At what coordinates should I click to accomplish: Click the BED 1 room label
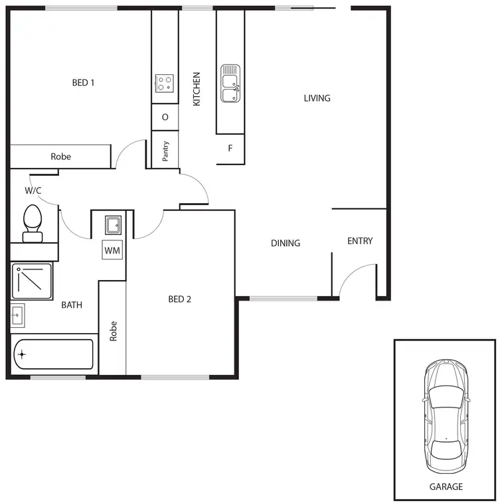pyautogui.click(x=83, y=83)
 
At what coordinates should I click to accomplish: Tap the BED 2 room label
pyautogui.click(x=179, y=299)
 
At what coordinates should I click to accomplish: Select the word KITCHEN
pyautogui.click(x=197, y=90)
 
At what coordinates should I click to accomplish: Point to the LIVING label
pyautogui.click(x=317, y=98)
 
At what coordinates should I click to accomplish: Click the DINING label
pyautogui.click(x=286, y=244)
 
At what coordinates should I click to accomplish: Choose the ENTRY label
pyautogui.click(x=360, y=241)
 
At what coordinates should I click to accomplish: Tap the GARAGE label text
pyautogui.click(x=446, y=486)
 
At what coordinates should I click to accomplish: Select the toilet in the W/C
pyautogui.click(x=33, y=222)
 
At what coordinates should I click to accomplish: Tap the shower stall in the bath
pyautogui.click(x=31, y=281)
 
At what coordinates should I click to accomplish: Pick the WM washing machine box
pyautogui.click(x=112, y=251)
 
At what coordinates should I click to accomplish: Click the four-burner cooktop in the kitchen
pyautogui.click(x=165, y=83)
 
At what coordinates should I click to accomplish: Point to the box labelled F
pyautogui.click(x=230, y=148)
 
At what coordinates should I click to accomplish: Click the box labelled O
pyautogui.click(x=165, y=117)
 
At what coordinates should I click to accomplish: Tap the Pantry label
pyautogui.click(x=165, y=151)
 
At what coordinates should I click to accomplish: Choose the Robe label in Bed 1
pyautogui.click(x=60, y=157)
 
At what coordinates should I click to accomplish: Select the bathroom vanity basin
pyautogui.click(x=18, y=315)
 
